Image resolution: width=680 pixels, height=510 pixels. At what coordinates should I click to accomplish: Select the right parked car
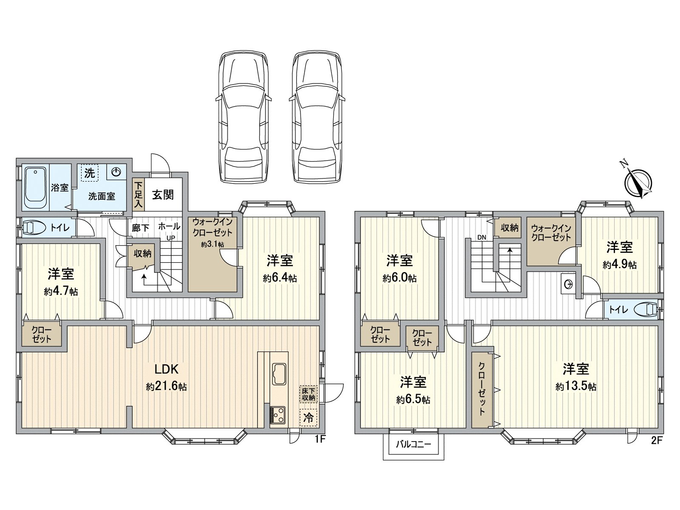pyautogui.click(x=315, y=117)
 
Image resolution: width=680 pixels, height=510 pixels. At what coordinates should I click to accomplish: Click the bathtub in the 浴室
pyautogui.click(x=35, y=187)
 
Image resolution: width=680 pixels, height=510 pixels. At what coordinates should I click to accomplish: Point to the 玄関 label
pyautogui.click(x=163, y=195)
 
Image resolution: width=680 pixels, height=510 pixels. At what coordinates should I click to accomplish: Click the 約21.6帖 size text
pyautogui.click(x=166, y=387)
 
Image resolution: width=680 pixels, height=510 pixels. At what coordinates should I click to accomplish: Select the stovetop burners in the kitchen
pyautogui.click(x=278, y=414)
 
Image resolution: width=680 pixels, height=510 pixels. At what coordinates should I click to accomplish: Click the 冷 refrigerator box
pyautogui.click(x=309, y=417)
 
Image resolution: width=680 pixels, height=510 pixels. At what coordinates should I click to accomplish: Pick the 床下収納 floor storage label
pyautogui.click(x=309, y=394)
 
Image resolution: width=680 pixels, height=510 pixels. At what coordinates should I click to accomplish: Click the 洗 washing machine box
pyautogui.click(x=89, y=173)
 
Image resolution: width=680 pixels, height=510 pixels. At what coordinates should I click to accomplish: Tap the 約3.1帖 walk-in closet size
pyautogui.click(x=212, y=245)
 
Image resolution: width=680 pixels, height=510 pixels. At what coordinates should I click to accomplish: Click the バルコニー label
pyautogui.click(x=414, y=445)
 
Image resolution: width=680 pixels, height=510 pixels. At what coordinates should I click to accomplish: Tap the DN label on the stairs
pyautogui.click(x=482, y=238)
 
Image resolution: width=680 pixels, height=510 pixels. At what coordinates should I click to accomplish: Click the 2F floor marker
pyautogui.click(x=657, y=440)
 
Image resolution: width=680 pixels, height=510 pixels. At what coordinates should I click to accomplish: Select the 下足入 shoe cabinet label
pyautogui.click(x=139, y=195)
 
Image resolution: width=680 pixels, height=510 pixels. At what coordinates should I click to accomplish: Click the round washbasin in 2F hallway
pyautogui.click(x=567, y=284)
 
